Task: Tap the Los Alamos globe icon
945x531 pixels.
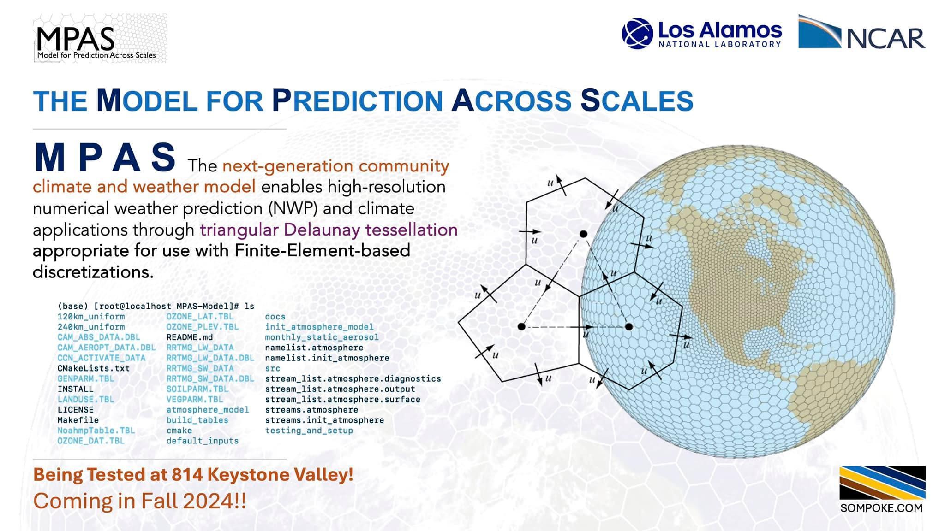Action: (637, 33)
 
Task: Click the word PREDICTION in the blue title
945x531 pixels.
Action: (357, 100)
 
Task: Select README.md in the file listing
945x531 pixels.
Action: (190, 337)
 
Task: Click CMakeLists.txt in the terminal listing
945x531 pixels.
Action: (94, 368)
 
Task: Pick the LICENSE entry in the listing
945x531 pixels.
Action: (75, 410)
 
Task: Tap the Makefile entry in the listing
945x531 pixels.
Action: (78, 420)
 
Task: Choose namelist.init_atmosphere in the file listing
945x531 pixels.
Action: (327, 358)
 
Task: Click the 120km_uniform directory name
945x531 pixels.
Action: (91, 317)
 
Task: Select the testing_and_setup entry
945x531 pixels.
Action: (309, 431)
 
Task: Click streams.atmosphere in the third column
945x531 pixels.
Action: (311, 410)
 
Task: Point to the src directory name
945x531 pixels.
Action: (273, 368)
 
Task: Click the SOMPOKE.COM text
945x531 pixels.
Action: (881, 508)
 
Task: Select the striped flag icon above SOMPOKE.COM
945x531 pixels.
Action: (882, 483)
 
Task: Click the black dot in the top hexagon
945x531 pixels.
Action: (583, 234)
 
